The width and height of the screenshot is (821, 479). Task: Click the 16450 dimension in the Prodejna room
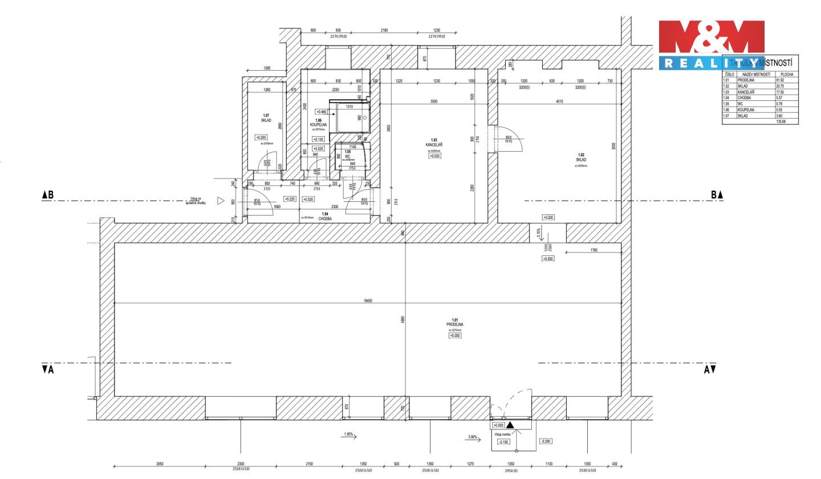tap(368, 301)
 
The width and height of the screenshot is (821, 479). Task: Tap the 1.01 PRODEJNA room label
tap(455, 322)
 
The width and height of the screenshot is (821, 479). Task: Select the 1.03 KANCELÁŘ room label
tap(434, 143)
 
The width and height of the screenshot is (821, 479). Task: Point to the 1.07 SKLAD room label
tap(266, 118)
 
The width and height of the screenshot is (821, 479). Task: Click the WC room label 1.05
tap(347, 154)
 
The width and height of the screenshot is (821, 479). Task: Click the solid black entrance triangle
tap(510, 425)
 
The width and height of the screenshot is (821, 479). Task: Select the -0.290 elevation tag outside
tap(545, 441)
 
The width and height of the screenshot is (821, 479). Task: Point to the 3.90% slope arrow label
tap(473, 437)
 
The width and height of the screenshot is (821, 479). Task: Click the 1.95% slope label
tap(349, 435)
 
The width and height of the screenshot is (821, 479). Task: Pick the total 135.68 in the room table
tap(781, 121)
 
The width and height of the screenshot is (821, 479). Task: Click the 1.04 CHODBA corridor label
tap(324, 216)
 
